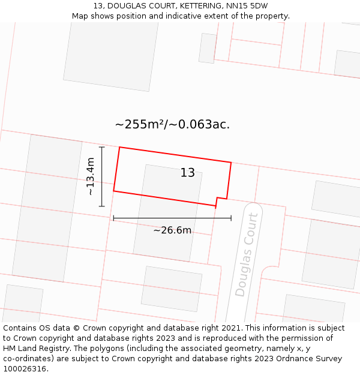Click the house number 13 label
coord(188,173)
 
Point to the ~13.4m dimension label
coord(90,176)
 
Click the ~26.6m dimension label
coord(172,230)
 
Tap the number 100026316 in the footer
coord(25,369)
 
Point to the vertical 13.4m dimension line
coord(102,176)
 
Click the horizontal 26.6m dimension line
coord(172,218)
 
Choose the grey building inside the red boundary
coord(172,183)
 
